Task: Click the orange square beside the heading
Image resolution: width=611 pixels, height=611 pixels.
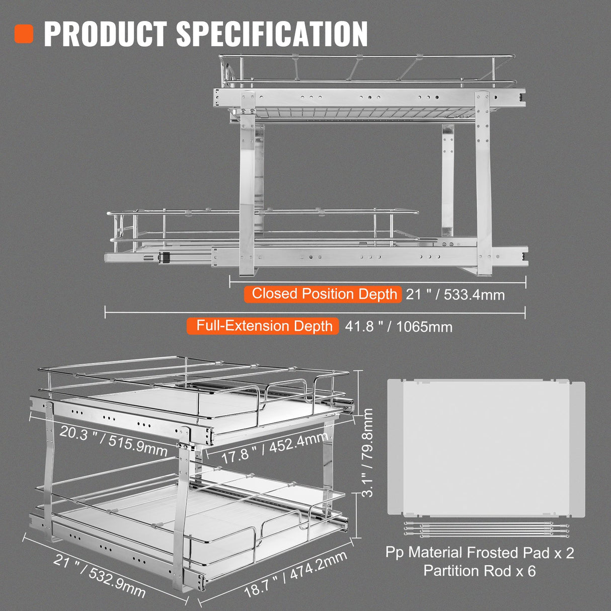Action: (24, 33)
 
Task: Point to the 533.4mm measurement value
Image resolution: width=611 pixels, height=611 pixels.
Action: (474, 294)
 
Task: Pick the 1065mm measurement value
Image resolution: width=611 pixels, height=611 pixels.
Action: (424, 327)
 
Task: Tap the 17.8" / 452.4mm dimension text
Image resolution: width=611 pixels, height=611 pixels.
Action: (274, 448)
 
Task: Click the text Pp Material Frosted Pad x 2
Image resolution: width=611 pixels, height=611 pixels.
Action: (480, 553)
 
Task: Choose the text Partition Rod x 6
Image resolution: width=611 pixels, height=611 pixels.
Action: (480, 571)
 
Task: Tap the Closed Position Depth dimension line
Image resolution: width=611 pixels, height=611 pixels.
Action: (377, 282)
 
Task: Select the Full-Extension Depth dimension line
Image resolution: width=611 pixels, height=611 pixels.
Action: (315, 313)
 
